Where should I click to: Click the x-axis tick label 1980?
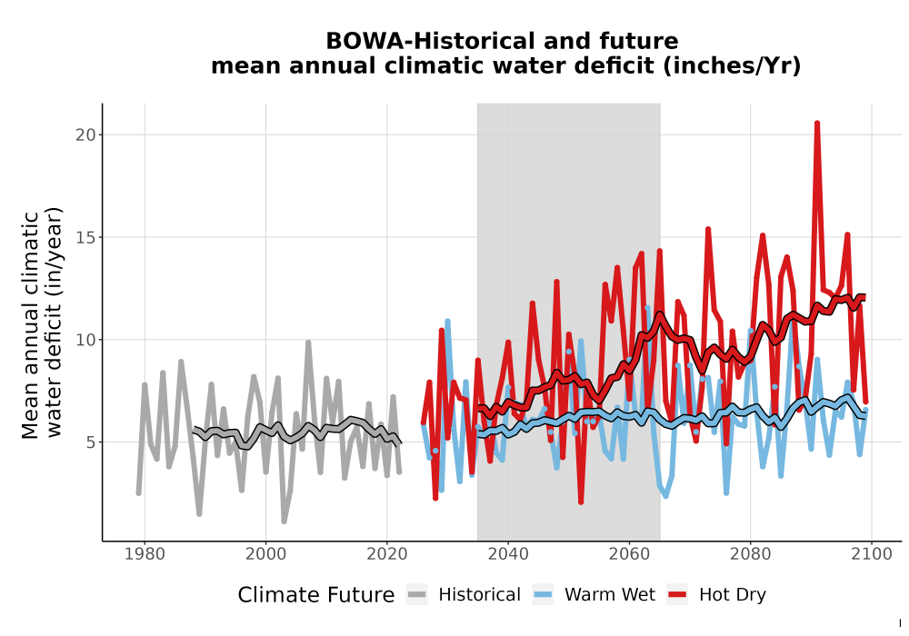[145, 554]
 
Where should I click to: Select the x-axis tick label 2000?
[265, 554]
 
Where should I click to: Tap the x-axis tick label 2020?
[386, 554]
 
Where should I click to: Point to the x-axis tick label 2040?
[508, 554]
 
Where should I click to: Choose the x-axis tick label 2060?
[629, 554]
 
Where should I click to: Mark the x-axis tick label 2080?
[750, 554]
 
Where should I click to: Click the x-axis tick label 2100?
[872, 554]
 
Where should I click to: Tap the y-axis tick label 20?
[85, 135]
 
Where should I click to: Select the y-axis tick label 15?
[85, 237]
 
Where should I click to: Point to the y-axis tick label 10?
[85, 340]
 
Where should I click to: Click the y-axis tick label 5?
[90, 442]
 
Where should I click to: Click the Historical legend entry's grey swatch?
[417, 595]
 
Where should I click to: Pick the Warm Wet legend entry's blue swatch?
[543, 595]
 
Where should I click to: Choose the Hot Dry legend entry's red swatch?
[677, 595]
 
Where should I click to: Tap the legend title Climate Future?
[316, 595]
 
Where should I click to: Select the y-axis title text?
[41, 323]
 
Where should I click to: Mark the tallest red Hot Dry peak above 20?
[817, 123]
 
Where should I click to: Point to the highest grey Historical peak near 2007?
[308, 343]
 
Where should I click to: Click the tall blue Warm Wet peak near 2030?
[447, 321]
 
